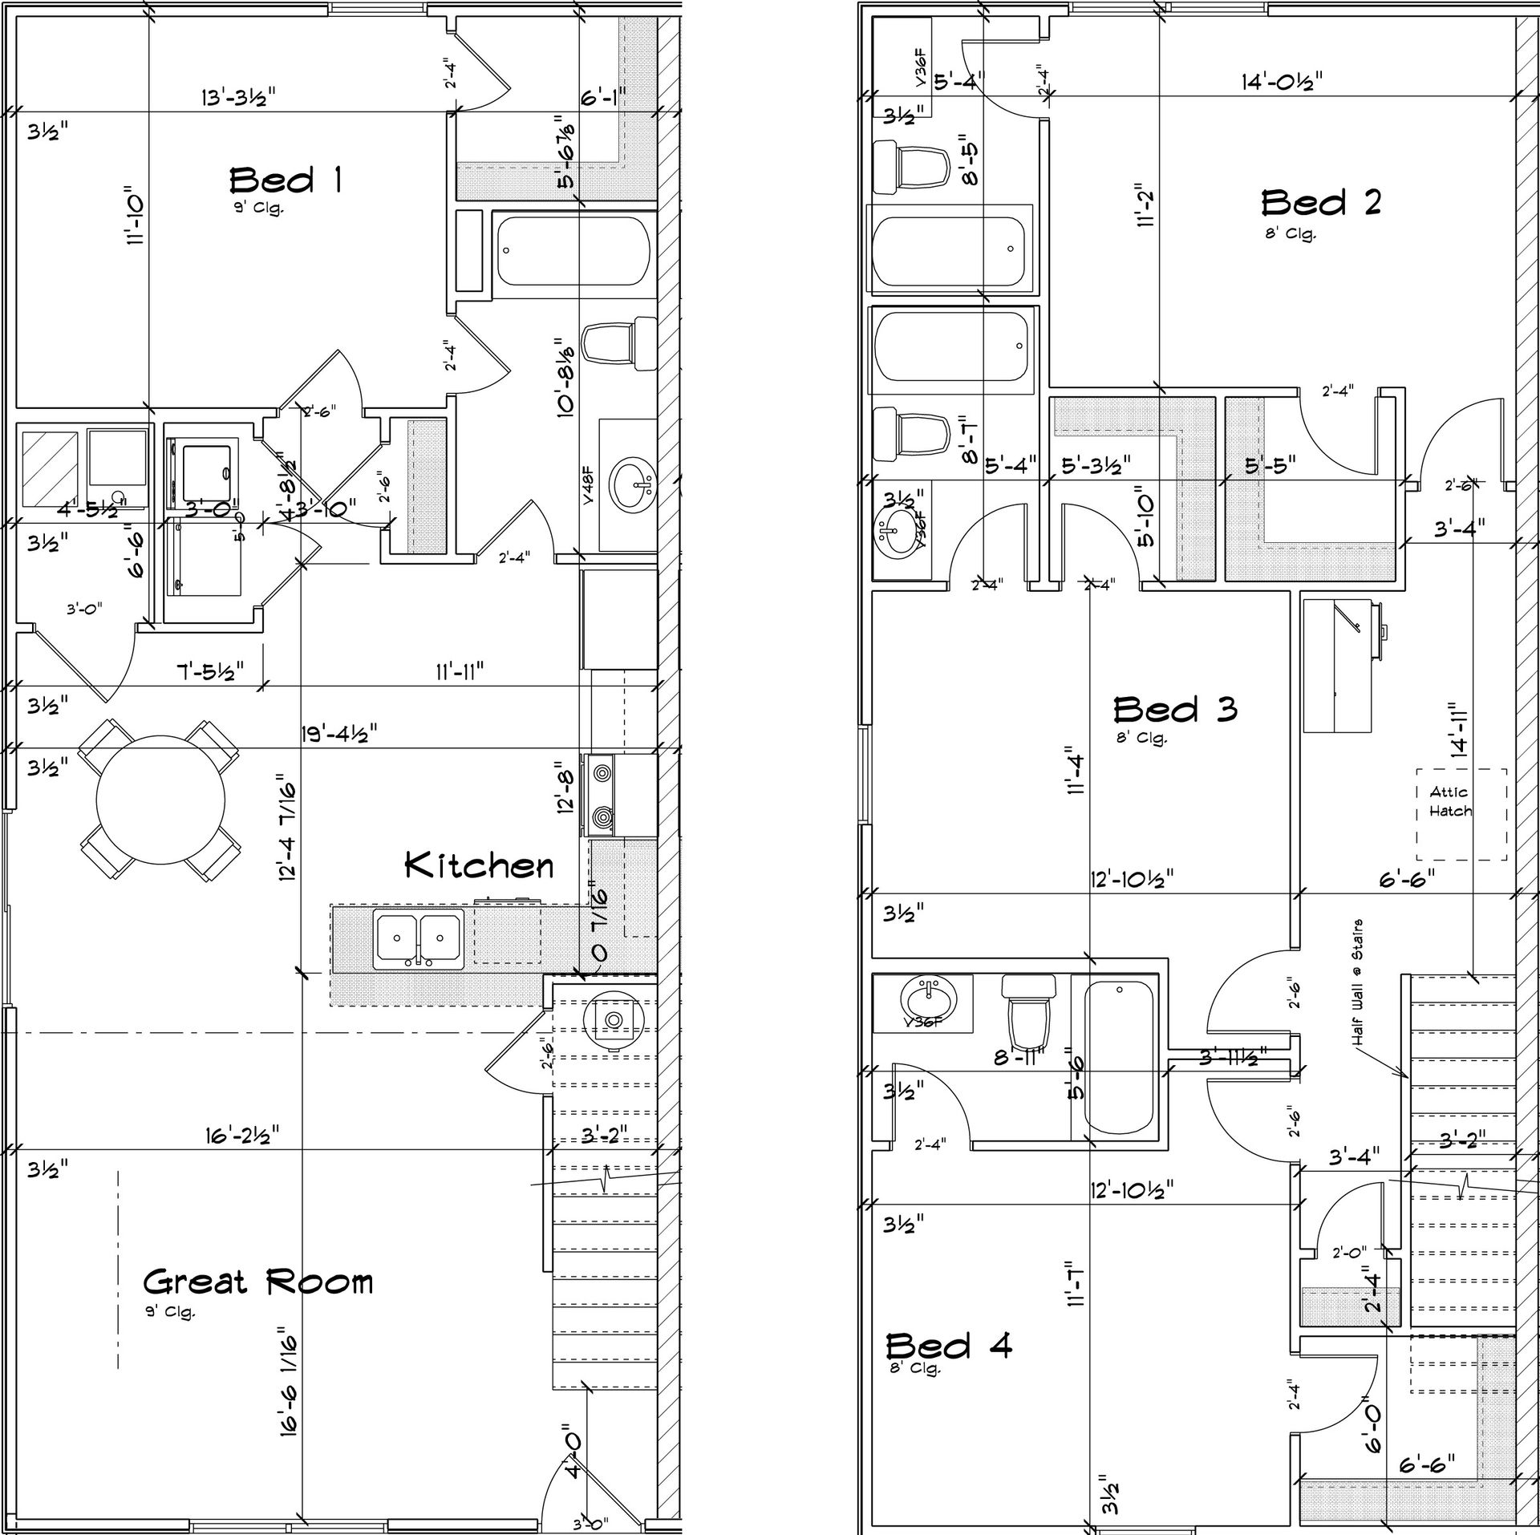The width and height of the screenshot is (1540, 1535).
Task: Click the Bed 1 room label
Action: tap(286, 180)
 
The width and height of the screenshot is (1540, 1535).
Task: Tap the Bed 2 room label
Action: tap(1320, 203)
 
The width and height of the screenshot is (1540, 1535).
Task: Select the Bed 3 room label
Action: tap(1174, 709)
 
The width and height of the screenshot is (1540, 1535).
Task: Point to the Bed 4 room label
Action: tap(948, 1345)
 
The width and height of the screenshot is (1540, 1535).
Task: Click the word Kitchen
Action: tap(479, 865)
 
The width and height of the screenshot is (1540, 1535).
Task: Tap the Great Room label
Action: tap(258, 1282)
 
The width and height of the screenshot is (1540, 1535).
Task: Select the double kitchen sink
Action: tap(418, 938)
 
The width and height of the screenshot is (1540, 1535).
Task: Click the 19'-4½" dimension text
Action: tap(339, 733)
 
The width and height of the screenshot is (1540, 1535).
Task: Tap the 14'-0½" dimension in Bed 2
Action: tap(1282, 81)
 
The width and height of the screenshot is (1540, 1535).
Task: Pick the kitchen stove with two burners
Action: tap(602, 796)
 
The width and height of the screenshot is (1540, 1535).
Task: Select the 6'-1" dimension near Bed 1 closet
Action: tap(602, 96)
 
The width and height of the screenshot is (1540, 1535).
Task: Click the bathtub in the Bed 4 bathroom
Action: tap(1119, 1059)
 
